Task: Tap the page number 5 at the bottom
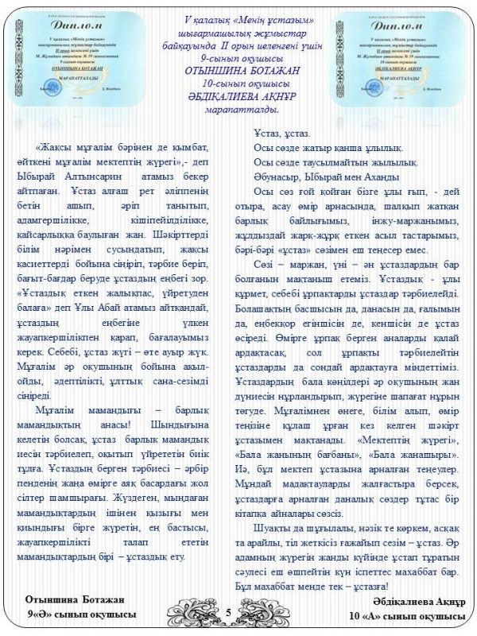tap(228, 612)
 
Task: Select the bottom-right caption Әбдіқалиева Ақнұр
tap(412, 601)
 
